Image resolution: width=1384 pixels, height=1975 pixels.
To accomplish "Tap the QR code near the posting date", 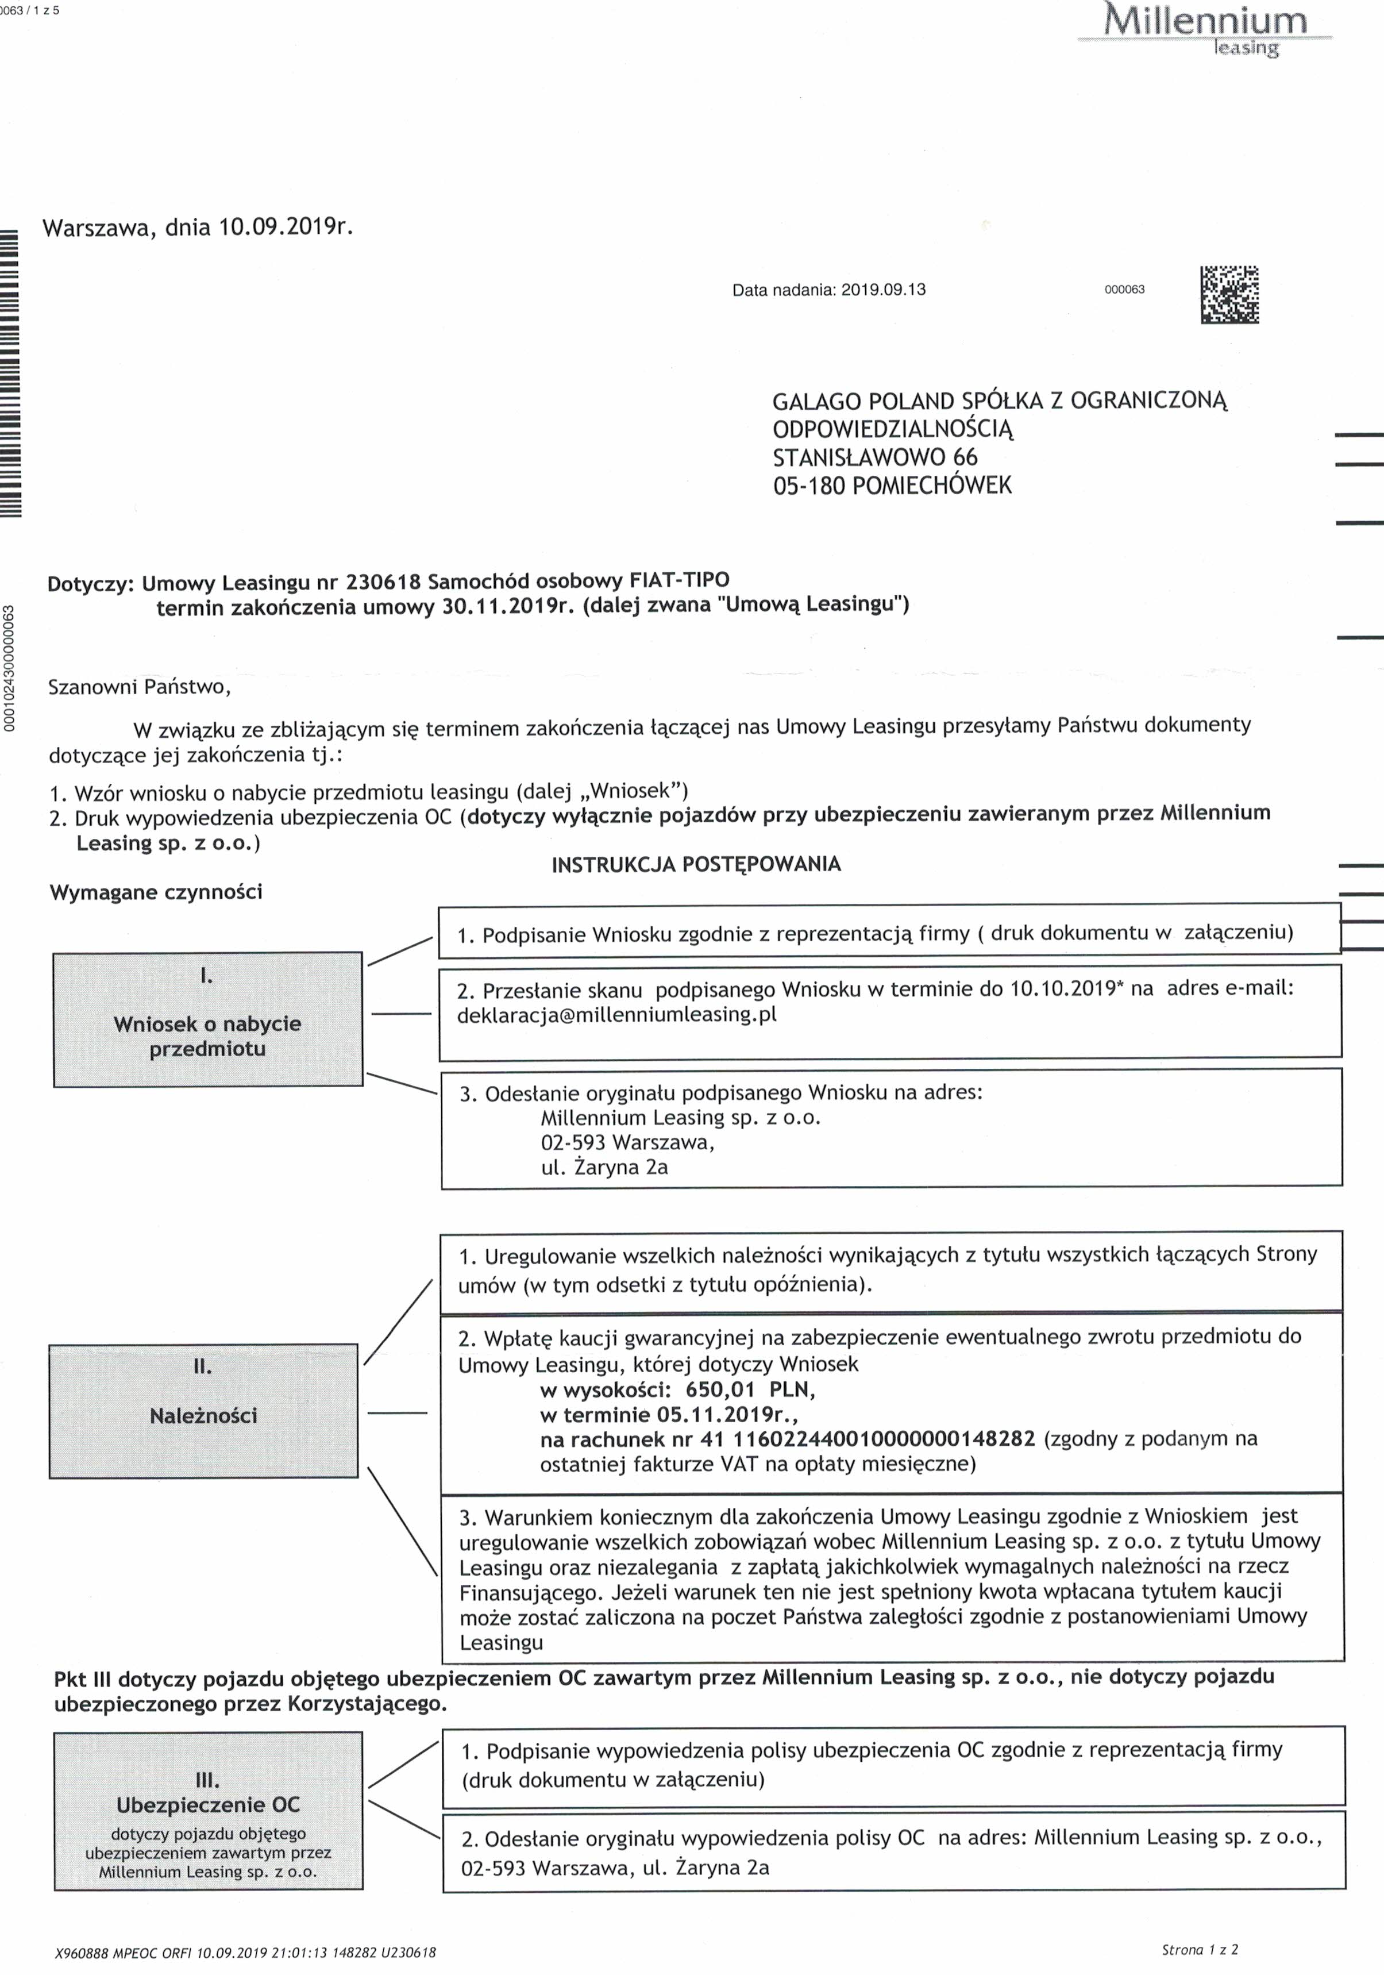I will pos(1229,294).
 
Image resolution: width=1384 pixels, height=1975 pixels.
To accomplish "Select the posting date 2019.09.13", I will pos(884,290).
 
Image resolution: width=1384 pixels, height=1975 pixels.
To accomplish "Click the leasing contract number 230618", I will pos(383,582).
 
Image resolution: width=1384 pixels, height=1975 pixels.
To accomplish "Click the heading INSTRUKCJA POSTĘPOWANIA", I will pos(696,864).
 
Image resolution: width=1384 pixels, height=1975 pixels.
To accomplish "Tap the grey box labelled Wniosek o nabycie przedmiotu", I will pos(207,1019).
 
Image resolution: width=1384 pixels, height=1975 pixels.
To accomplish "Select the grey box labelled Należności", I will pos(203,1411).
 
